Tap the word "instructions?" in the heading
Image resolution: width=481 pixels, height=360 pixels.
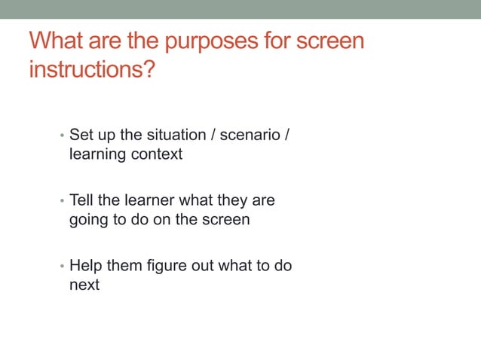[x=92, y=70]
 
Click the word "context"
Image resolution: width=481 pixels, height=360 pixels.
[x=157, y=155]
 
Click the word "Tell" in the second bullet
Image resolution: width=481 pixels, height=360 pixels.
[x=82, y=201]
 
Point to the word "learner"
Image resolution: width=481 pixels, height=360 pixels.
[x=151, y=201]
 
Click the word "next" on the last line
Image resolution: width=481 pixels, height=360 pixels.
[x=84, y=286]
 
